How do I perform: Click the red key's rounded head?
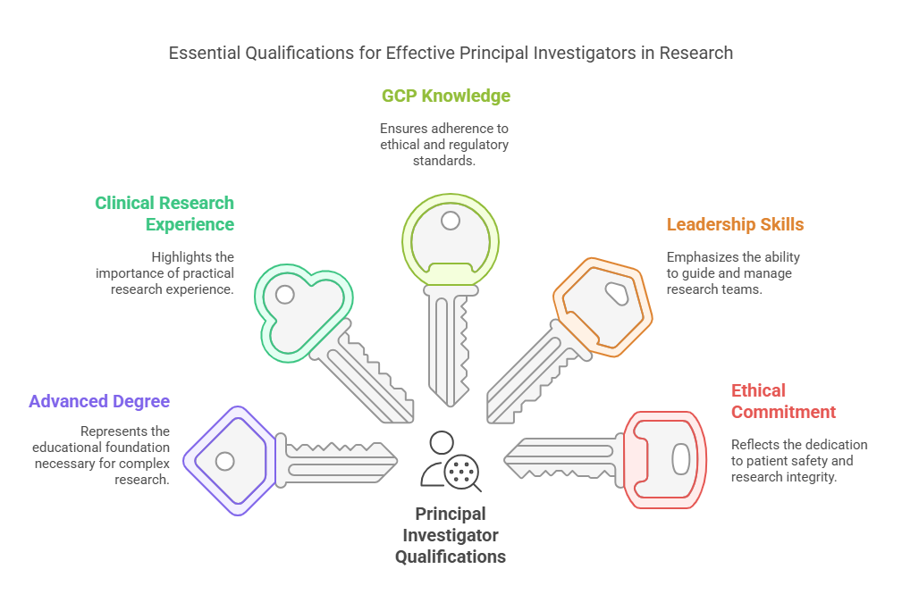point(666,459)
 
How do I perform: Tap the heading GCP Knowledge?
point(446,96)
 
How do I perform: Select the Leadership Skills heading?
point(735,224)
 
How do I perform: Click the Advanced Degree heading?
point(99,401)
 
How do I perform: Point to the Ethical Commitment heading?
point(783,401)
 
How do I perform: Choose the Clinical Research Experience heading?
point(164,213)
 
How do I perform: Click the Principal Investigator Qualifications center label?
point(451,535)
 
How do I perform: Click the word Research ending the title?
point(696,54)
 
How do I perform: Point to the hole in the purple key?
point(225,461)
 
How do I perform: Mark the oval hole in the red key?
point(680,459)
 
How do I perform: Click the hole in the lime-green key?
point(451,221)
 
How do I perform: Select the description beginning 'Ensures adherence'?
point(444,145)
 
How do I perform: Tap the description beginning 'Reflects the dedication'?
point(798,461)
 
